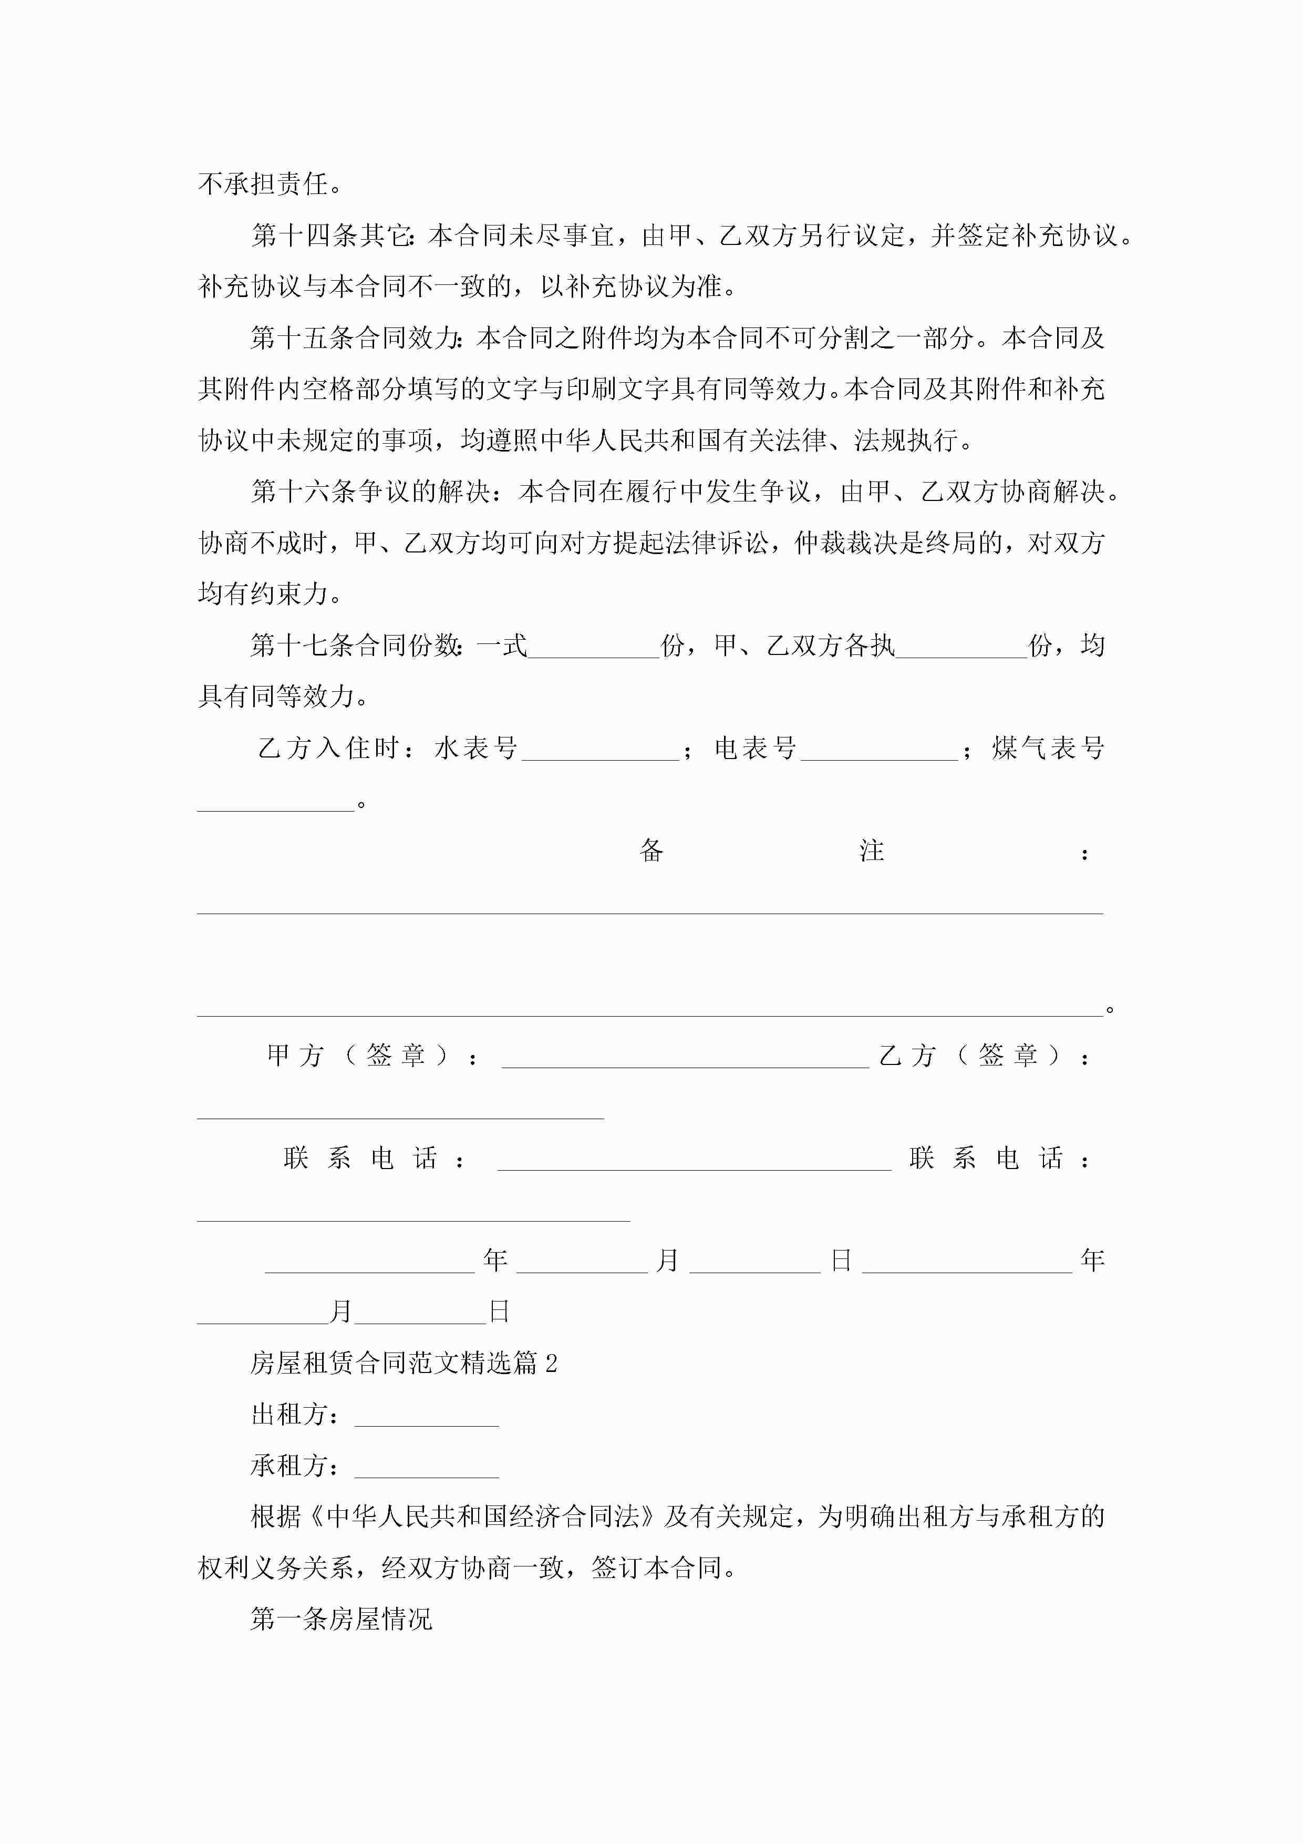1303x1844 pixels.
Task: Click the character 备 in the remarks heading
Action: coord(651,851)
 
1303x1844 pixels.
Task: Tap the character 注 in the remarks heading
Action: coord(871,851)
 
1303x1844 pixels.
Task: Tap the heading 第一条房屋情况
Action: coord(341,1619)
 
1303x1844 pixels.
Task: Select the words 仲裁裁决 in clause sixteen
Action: coord(845,543)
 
